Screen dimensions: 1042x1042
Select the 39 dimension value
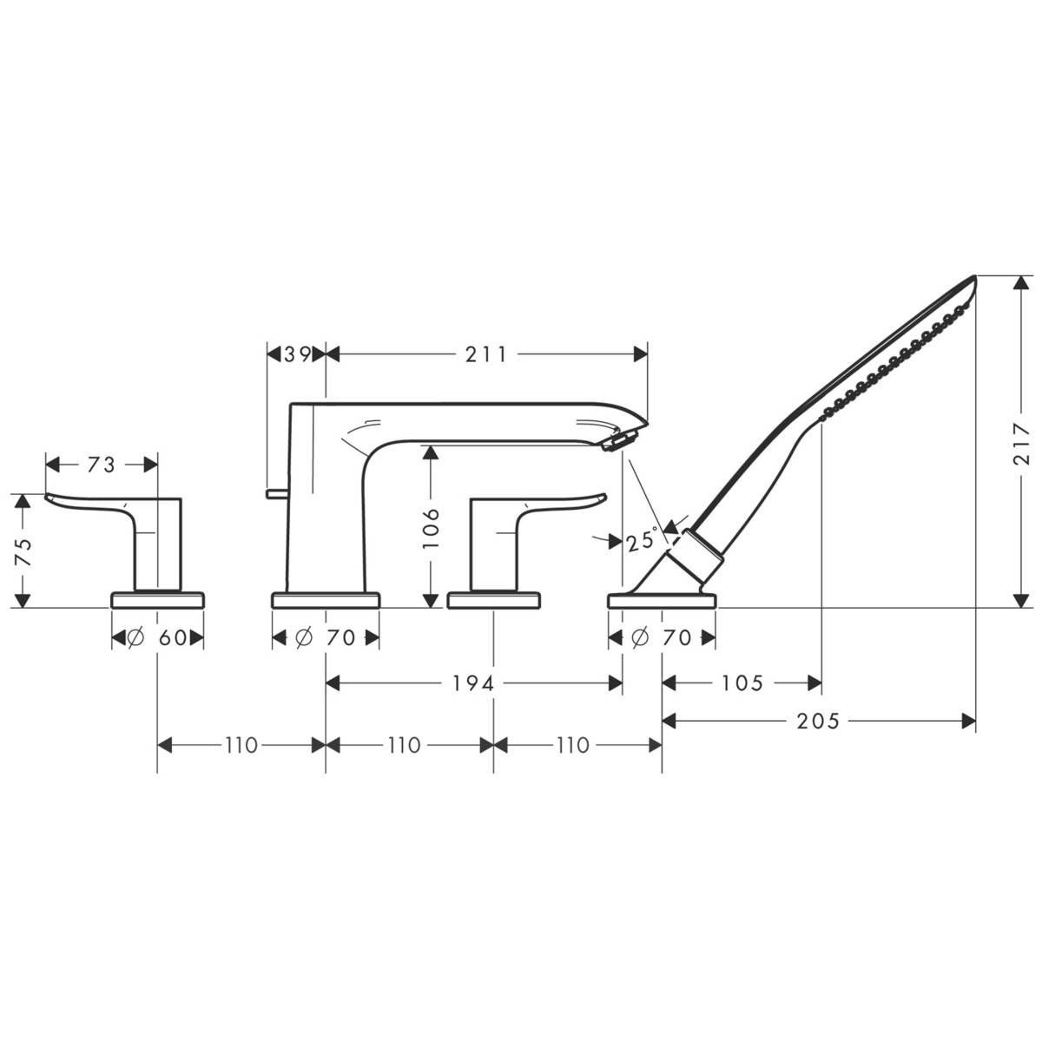point(295,353)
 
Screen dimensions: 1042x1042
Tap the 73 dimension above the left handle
point(101,465)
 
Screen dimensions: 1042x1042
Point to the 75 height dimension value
point(24,551)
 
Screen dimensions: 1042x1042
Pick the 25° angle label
point(642,542)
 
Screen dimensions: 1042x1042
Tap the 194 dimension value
point(472,683)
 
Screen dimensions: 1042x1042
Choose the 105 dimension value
point(742,683)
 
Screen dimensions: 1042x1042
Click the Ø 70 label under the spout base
point(326,638)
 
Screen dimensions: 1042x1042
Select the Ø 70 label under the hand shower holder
point(662,638)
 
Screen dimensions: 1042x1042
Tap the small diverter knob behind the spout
point(275,494)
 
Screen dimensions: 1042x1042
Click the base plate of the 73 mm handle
point(158,599)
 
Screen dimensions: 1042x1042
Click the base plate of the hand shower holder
point(662,599)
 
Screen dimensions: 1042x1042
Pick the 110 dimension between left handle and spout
point(241,745)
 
